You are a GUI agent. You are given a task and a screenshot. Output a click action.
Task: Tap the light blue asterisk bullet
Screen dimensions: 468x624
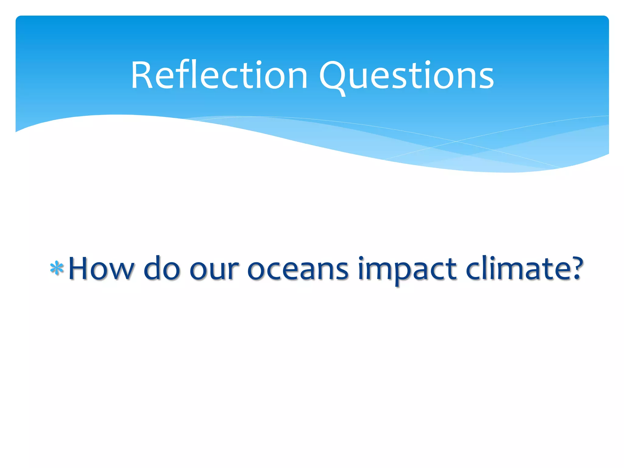tap(57, 268)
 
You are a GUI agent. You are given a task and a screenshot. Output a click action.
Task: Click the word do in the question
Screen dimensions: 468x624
tap(161, 268)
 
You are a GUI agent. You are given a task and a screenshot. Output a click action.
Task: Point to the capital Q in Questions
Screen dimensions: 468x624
tap(333, 76)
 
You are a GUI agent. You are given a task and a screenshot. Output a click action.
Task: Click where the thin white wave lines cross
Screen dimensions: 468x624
tap(456, 141)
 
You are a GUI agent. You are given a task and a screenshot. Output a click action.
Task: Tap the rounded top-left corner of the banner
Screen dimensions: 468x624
tap(19, 19)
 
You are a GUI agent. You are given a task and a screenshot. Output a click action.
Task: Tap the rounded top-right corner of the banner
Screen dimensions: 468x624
tap(605, 19)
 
